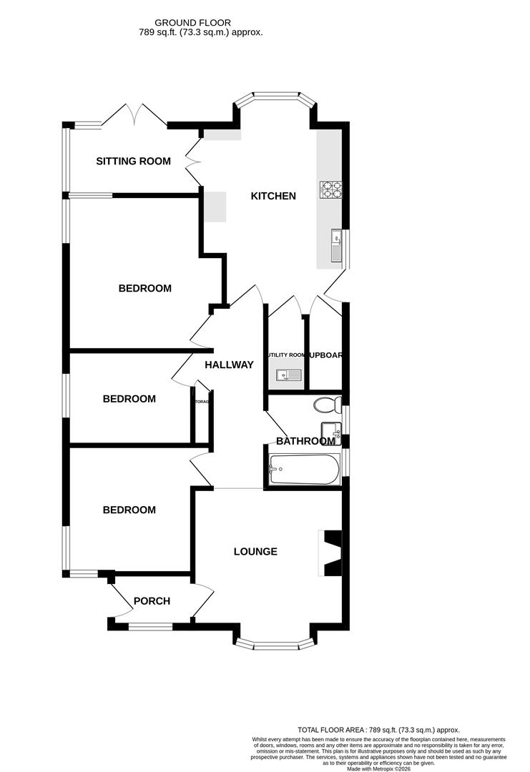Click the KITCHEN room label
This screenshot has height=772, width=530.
pos(273,196)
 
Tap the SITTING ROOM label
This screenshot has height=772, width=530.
pos(133,162)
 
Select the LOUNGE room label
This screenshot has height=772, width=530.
pos(255,552)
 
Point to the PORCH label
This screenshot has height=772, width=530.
pos(152,601)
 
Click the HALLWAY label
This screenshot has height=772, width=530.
pos(229,365)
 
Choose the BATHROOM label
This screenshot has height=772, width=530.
pos(305,441)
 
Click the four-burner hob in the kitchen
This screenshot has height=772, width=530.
pos(331,190)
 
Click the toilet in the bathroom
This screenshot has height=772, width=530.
pos(328,405)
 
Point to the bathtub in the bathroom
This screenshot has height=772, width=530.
pos(301,470)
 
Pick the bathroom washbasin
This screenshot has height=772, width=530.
pos(330,430)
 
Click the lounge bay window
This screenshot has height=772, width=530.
pos(276,644)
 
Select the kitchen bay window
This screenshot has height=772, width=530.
pos(276,96)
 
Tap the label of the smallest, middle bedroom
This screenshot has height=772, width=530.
pos(129,399)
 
